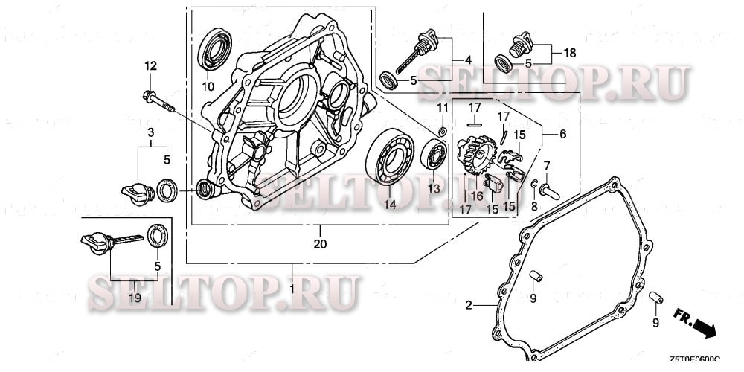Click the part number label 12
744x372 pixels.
coord(151,66)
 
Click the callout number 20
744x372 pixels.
coord(319,243)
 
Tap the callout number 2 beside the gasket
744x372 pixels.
coord(469,305)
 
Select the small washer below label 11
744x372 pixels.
coord(441,132)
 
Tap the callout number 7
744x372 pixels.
coord(547,164)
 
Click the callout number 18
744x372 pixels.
coord(570,53)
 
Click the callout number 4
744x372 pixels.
coord(467,60)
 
